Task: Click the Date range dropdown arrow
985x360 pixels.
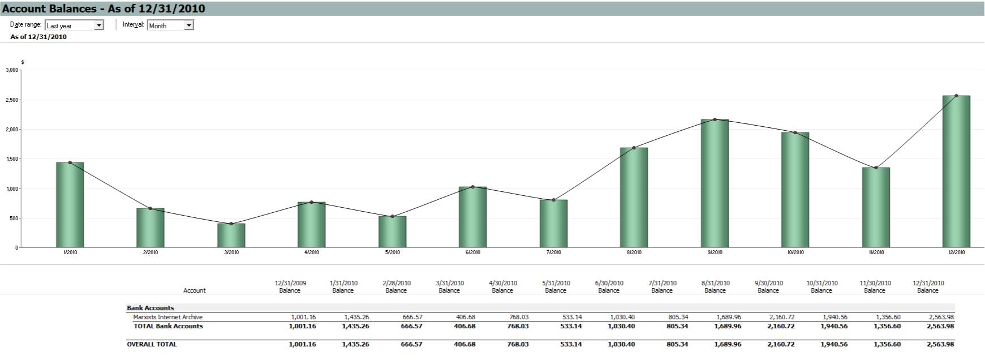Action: pos(99,25)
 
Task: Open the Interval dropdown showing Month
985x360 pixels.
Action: pos(189,25)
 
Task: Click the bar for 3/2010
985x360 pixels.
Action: pos(231,235)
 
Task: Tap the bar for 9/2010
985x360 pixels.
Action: pos(715,183)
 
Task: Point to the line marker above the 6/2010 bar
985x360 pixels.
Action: pos(473,187)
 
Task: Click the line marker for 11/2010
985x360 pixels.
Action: pos(876,168)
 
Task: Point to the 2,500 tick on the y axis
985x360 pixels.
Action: pos(12,100)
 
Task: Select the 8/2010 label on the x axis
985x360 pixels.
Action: pos(634,252)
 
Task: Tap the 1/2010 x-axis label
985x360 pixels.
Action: pos(70,252)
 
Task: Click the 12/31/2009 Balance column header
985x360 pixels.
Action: pos(290,286)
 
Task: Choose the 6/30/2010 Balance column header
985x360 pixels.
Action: pos(609,286)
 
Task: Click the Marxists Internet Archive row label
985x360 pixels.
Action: pos(167,317)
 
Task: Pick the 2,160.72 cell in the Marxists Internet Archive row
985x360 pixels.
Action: pos(781,317)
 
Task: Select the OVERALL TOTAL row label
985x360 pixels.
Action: pos(152,344)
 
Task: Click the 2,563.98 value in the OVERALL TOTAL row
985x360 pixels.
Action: pos(941,344)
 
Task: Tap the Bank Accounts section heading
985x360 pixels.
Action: pos(150,308)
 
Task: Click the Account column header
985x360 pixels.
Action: pos(194,290)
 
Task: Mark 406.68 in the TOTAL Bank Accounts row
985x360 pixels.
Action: pos(464,326)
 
